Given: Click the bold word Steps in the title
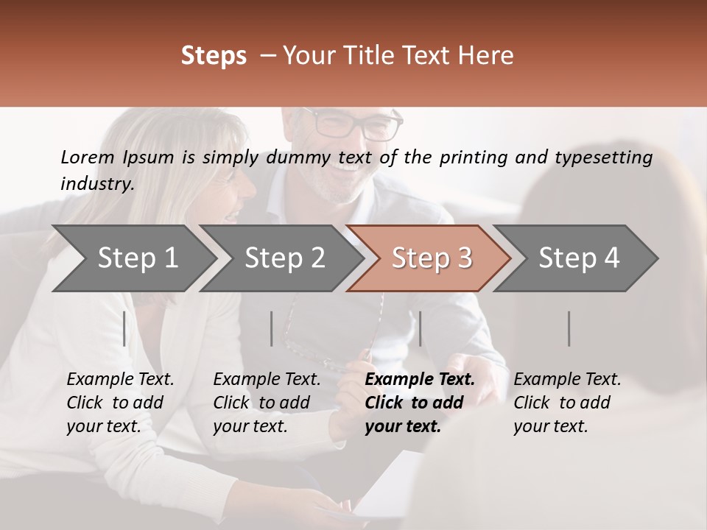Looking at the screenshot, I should pos(214,56).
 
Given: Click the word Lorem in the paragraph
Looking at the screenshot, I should pos(88,157).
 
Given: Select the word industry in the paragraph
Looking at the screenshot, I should pos(96,183).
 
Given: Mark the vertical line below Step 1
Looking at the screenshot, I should pos(124,328).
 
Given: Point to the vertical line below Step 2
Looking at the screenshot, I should pos(272,328).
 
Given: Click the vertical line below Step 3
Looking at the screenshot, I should pos(421,328).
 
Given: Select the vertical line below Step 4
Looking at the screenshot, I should pos(569,328).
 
